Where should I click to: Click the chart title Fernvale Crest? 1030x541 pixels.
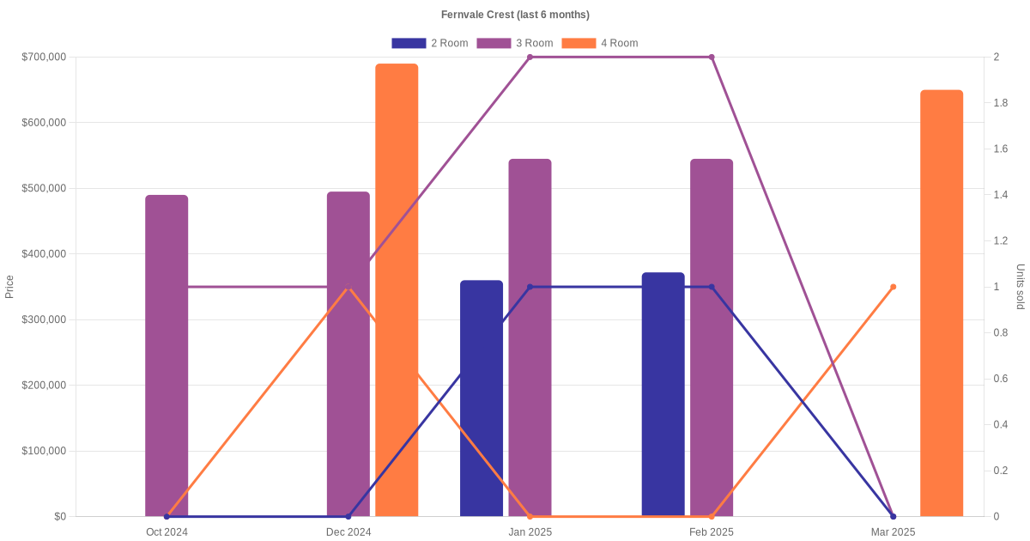pyautogui.click(x=515, y=15)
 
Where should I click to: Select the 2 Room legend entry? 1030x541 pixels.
pyautogui.click(x=429, y=43)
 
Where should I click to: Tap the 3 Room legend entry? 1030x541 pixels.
pyautogui.click(x=514, y=43)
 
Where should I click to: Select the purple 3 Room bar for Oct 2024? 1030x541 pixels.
pyautogui.click(x=167, y=356)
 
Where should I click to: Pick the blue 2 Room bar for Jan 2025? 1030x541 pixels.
pyautogui.click(x=482, y=398)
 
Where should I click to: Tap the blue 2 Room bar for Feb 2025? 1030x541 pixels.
pyautogui.click(x=663, y=394)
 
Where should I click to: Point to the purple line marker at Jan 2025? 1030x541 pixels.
pyautogui.click(x=530, y=57)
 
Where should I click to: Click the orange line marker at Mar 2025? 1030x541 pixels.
pyautogui.click(x=894, y=287)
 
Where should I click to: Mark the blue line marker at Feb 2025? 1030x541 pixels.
pyautogui.click(x=712, y=287)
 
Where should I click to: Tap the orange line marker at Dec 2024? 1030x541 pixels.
pyautogui.click(x=348, y=289)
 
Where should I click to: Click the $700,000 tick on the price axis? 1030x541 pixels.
pyautogui.click(x=44, y=57)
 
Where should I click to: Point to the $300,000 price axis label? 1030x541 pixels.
pyautogui.click(x=44, y=319)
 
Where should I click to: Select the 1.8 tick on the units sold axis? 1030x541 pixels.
pyautogui.click(x=1000, y=103)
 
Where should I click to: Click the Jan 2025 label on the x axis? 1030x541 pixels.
pyautogui.click(x=530, y=532)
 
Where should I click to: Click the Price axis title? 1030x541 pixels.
pyautogui.click(x=9, y=287)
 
